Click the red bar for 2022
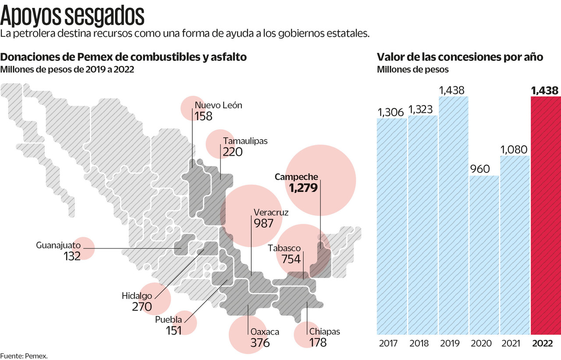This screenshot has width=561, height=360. point(545,215)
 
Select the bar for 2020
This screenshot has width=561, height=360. point(484,254)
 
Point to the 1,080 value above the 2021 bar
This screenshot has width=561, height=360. point(515,149)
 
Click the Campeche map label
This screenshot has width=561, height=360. point(296,177)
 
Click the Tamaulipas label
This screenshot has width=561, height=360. point(245,141)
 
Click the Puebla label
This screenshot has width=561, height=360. point(168,320)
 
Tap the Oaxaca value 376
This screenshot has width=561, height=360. point(260,342)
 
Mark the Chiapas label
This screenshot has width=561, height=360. point(324,332)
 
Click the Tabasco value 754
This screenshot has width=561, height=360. point(291,259)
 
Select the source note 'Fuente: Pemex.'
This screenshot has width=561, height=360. point(24,356)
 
